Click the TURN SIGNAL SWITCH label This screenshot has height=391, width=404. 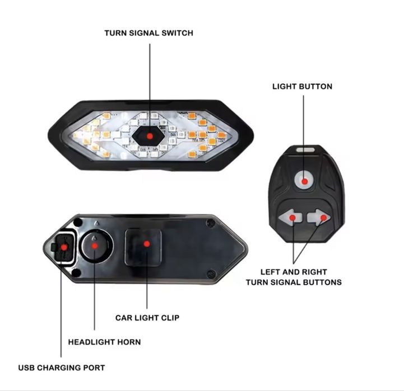tap(148, 33)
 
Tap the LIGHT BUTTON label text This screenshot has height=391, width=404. tap(302, 87)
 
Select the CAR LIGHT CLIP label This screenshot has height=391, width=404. tap(147, 318)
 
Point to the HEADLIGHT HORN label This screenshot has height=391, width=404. tap(104, 342)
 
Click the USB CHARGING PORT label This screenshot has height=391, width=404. tap(62, 368)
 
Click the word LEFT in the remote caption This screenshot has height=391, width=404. tap(271, 272)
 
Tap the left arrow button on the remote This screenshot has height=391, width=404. tap(290, 218)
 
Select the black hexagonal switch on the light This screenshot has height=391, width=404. tap(148, 135)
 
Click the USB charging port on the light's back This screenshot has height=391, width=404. tap(63, 247)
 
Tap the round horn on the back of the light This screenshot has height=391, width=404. tap(95, 246)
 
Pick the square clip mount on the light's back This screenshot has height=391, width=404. tap(143, 248)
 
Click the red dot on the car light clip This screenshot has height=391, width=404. tap(147, 243)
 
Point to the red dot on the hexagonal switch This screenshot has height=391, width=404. tap(150, 136)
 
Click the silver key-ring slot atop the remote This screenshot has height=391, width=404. tap(305, 150)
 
